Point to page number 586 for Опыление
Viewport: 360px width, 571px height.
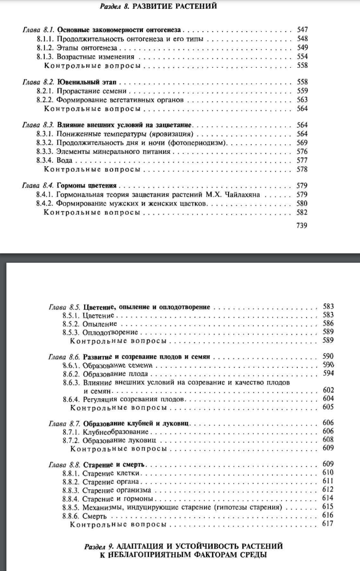tap(328, 324)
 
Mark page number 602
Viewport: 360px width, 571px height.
tap(328, 390)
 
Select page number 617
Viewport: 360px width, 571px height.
tap(328, 524)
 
